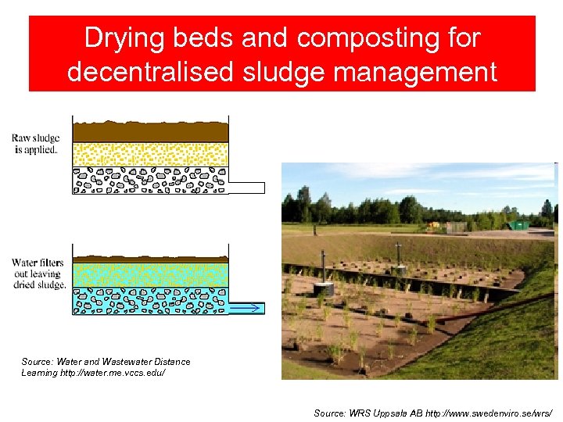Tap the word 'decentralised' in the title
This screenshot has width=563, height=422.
pos(149,72)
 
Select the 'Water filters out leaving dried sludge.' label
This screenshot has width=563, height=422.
pos(38,274)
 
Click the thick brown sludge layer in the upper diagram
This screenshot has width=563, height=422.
pos(150,131)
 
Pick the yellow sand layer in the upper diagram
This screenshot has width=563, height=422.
pos(150,154)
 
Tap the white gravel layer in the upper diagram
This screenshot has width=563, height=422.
pos(150,180)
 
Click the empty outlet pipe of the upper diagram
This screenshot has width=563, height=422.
pos(246,188)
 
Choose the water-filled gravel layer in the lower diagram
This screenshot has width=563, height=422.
pos(150,300)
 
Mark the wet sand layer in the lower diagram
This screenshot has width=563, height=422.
pos(150,274)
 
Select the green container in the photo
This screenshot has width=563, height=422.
pos(518,225)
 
